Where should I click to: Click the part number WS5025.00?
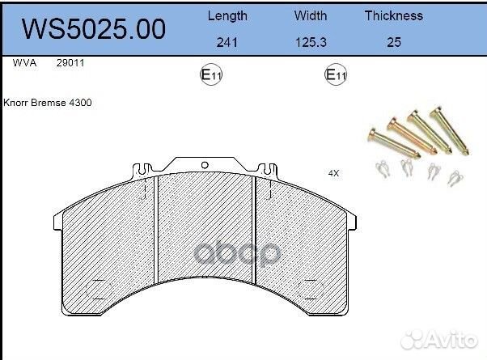coord(93,28)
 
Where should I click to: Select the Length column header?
coord(228,15)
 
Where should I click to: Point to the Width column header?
coord(311,15)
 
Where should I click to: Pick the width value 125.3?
coord(311,43)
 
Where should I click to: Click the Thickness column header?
coord(393,15)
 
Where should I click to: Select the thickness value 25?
coord(394,43)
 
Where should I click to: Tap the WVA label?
coord(23,62)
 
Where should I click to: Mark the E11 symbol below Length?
coord(211,75)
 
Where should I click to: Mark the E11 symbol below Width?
coord(336,75)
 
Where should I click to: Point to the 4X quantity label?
coord(333,173)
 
